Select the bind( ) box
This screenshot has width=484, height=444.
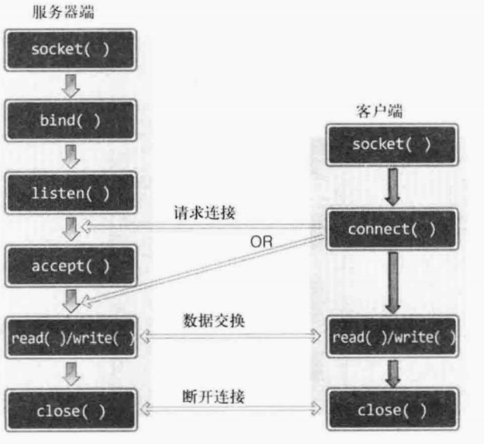tap(69, 118)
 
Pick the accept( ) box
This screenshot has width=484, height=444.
tap(69, 265)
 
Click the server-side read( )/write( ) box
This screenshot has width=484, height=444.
tap(69, 337)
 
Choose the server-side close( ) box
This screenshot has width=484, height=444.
tap(69, 411)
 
